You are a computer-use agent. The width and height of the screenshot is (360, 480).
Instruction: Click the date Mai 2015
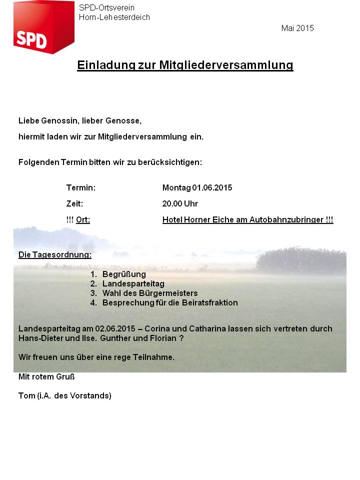(297, 28)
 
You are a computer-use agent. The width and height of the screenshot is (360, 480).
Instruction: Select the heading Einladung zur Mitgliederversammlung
(185, 65)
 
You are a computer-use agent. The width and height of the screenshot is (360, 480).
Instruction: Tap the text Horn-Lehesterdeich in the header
(114, 17)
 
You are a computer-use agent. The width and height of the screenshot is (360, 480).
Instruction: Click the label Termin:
(81, 188)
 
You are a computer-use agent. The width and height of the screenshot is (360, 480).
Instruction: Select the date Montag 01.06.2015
(197, 188)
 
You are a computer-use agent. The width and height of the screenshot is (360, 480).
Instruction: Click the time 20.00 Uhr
(180, 203)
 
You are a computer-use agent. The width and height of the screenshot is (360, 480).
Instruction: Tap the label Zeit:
(74, 203)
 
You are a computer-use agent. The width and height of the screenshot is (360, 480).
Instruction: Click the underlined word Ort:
(83, 219)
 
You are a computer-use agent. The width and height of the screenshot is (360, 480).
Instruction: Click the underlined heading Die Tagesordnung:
(55, 255)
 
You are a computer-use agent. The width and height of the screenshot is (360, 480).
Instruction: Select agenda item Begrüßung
(124, 274)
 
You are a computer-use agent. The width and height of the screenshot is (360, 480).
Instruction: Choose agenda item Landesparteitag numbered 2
(133, 284)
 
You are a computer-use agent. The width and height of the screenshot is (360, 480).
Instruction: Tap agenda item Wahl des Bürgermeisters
(150, 293)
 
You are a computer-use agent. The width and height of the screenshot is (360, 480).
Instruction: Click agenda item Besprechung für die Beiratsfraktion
(170, 303)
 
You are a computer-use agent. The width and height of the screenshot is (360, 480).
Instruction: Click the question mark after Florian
(181, 338)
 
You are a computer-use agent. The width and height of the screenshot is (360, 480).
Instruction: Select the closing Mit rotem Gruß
(46, 376)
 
